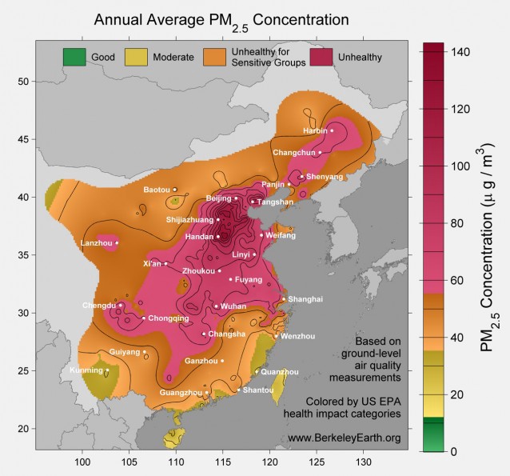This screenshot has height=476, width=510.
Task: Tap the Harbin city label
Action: point(316,130)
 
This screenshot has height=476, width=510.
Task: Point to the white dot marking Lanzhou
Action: point(117,242)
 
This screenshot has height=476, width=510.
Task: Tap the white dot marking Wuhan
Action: point(216,306)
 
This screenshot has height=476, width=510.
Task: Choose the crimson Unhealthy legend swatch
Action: point(317,57)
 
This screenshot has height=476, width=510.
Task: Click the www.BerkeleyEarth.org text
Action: point(344,438)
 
